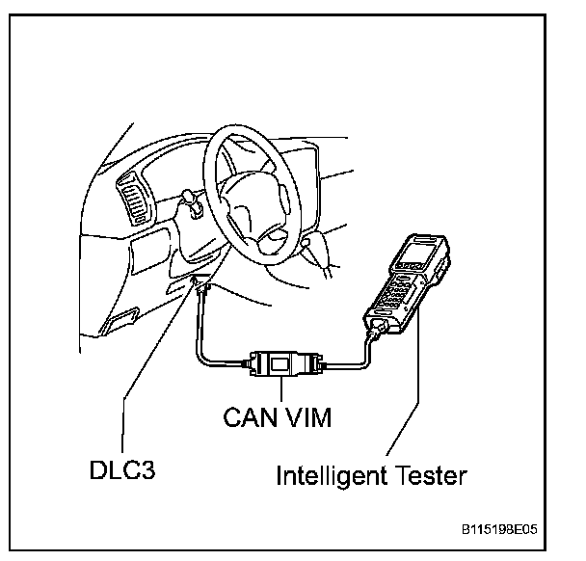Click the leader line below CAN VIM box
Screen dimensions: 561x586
click(281, 393)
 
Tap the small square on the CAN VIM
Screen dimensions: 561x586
click(280, 365)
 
